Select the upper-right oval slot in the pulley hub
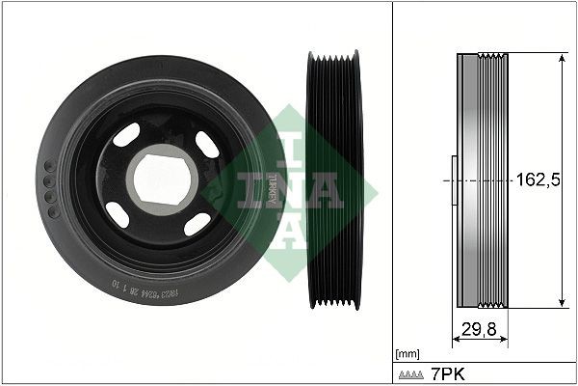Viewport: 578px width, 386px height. [x=206, y=143]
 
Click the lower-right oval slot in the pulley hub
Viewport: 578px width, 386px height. [x=197, y=225]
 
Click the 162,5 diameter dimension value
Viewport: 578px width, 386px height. [x=538, y=179]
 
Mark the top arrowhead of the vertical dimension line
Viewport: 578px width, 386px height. [x=563, y=58]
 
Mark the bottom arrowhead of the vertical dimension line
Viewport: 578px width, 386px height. [x=563, y=304]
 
